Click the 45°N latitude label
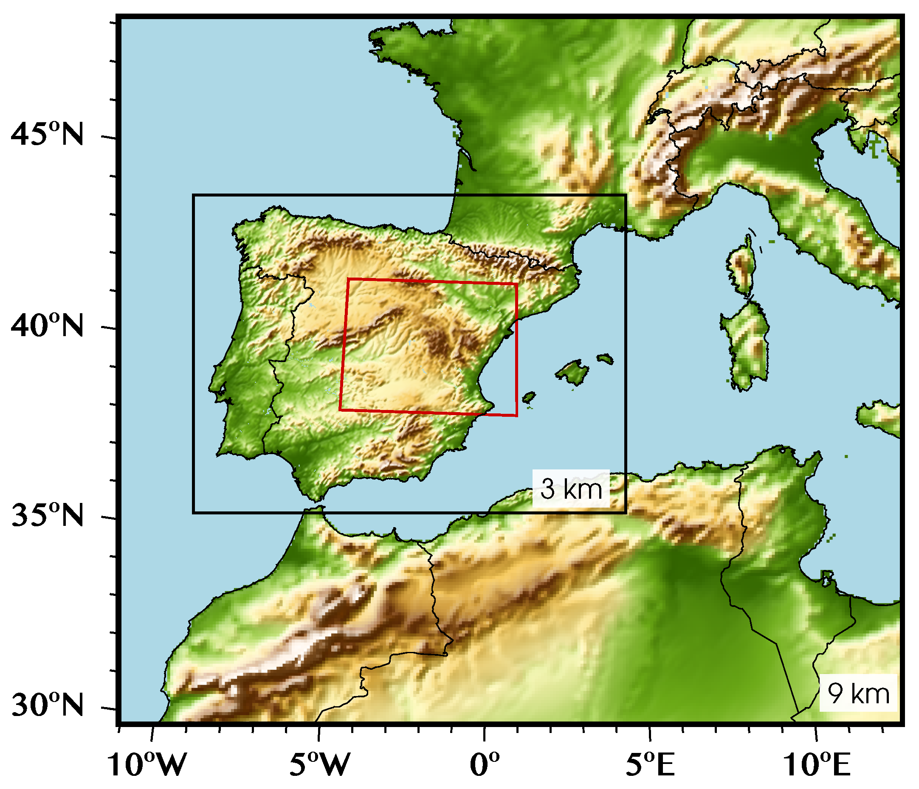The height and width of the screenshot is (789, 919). click(47, 133)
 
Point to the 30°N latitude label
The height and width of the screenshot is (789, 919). click(47, 705)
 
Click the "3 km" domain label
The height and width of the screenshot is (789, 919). click(571, 489)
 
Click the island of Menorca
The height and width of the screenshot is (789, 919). click(606, 358)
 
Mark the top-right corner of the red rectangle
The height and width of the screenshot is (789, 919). click(517, 284)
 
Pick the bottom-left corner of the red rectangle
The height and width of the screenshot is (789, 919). click(340, 410)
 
